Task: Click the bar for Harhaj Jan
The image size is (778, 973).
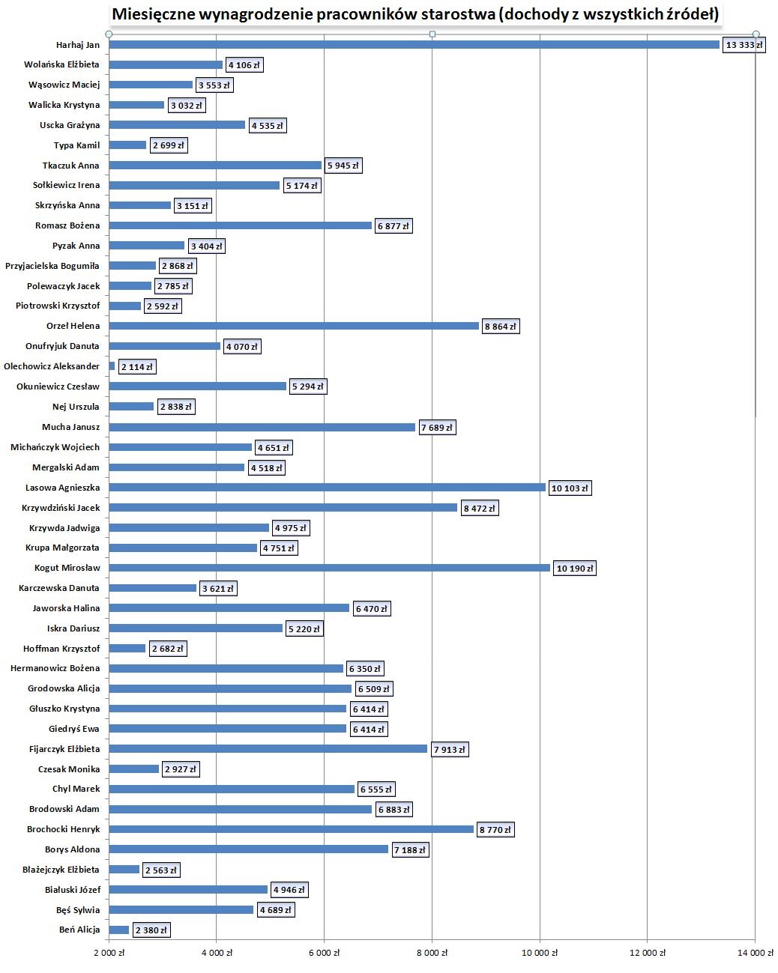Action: tap(414, 44)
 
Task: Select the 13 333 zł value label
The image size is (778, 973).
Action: tap(744, 45)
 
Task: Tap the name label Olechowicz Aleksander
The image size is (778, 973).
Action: tap(52, 366)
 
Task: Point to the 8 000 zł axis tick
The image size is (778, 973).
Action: tap(432, 953)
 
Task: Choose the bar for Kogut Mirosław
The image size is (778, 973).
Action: tap(330, 568)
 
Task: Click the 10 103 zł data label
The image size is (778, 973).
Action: tap(570, 488)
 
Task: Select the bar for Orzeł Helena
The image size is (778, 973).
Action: tap(294, 326)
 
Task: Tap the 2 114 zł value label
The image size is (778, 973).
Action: tap(136, 367)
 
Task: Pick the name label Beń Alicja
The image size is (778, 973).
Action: tap(79, 930)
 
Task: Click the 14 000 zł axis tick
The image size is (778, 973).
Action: tap(755, 953)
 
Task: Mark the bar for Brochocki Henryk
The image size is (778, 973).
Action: tap(291, 829)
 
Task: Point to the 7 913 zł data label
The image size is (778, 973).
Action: tap(449, 750)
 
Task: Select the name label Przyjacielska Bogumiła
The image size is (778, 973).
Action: tap(52, 266)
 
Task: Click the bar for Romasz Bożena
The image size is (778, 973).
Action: tap(241, 225)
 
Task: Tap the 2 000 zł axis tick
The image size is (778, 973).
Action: tap(109, 953)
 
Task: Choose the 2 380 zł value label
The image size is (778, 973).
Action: tap(151, 930)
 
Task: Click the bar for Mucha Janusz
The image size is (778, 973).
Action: tap(262, 427)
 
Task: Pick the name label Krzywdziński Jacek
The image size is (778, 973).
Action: tap(61, 508)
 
